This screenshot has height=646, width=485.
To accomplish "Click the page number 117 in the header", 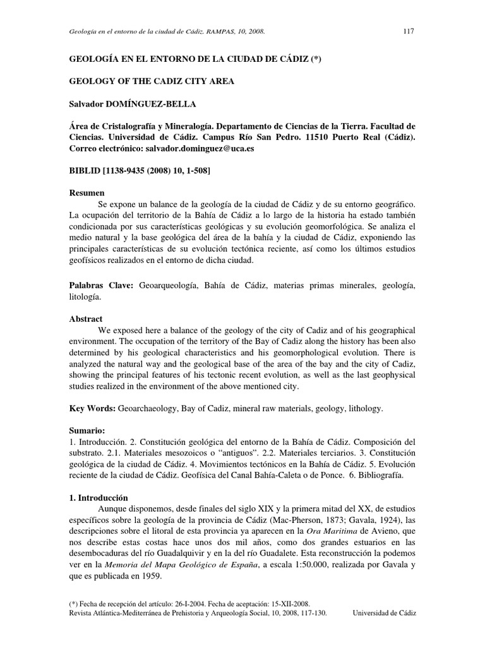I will (408, 32).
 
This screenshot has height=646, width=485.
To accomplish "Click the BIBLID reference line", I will (140, 171).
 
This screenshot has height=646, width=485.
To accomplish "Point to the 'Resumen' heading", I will (87, 192).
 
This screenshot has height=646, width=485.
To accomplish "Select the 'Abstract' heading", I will (86, 319).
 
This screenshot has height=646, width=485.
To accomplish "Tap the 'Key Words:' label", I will (92, 409).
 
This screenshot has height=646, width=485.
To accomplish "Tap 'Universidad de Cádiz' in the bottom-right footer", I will (384, 612).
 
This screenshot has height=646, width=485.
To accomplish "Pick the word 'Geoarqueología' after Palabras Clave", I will (166, 286).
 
